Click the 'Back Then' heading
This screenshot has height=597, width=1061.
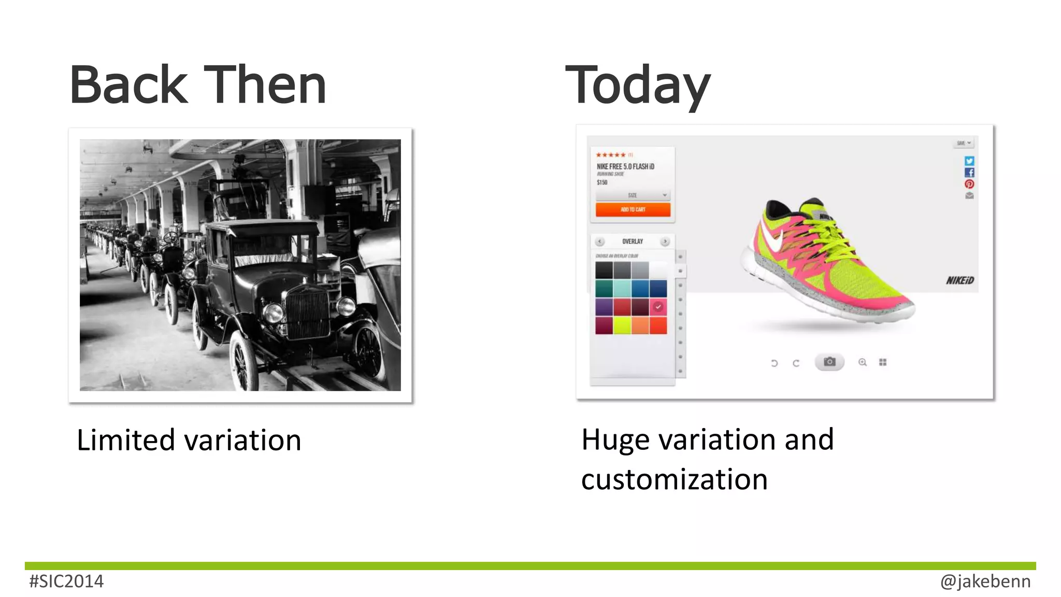198,85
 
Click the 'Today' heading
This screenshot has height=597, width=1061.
637,86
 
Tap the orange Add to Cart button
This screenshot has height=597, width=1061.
633,209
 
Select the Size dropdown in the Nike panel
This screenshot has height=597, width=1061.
633,195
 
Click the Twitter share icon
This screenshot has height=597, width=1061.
969,161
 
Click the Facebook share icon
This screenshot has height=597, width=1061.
969,173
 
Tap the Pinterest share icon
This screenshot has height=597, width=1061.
969,184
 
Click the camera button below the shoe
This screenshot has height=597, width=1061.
829,362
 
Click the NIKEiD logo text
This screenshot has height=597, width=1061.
959,280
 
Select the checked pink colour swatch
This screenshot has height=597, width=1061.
658,307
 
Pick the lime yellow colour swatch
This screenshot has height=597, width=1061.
622,325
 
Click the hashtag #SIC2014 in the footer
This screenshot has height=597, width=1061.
66,581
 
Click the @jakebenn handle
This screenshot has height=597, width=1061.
985,581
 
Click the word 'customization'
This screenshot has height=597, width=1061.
674,479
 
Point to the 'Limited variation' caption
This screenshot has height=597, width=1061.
189,440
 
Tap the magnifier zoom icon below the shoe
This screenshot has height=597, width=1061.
863,362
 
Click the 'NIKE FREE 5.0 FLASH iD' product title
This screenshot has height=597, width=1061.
625,166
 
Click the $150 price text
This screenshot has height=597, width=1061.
602,182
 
